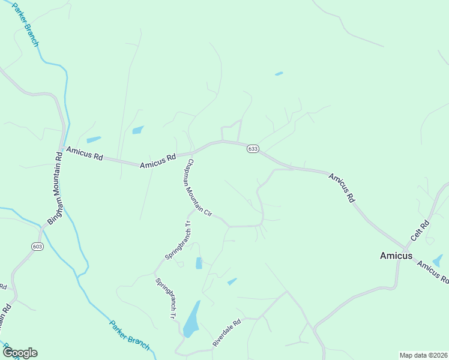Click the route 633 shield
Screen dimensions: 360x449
253,149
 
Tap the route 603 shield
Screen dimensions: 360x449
38,246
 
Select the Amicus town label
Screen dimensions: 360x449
396,256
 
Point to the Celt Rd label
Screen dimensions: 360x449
420,231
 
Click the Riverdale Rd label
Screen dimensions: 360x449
226,332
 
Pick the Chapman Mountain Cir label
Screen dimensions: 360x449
197,187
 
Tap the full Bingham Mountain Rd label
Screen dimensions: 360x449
55,188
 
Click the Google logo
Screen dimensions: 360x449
19,353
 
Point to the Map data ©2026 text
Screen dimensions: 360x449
423,355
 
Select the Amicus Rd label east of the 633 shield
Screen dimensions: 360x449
342,187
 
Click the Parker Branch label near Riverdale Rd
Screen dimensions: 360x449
129,335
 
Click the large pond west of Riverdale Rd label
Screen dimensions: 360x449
191,320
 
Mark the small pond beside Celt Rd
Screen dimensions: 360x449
438,261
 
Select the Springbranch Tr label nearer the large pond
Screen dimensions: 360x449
165,298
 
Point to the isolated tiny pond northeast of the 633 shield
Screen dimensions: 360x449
279,74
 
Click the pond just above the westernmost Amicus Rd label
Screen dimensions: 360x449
94,140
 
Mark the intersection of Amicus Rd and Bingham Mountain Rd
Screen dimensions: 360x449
62,148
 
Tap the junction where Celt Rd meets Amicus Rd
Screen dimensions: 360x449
406,248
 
